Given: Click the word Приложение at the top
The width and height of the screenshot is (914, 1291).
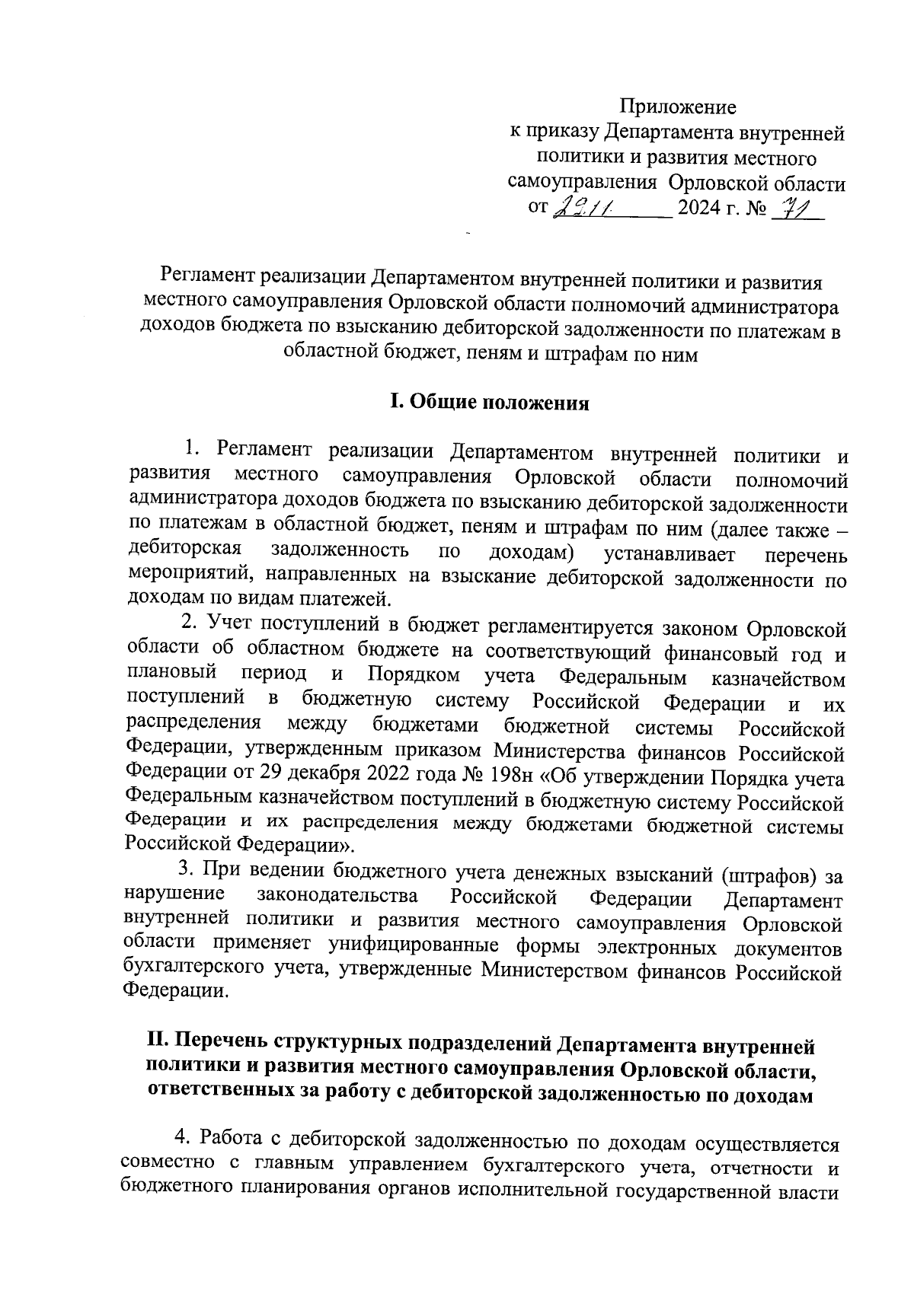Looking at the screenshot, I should pyautogui.click(x=677, y=107).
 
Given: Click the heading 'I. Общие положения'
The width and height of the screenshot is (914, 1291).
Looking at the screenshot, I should pyautogui.click(x=489, y=403).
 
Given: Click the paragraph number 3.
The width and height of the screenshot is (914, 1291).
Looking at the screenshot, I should pyautogui.click(x=184, y=872).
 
